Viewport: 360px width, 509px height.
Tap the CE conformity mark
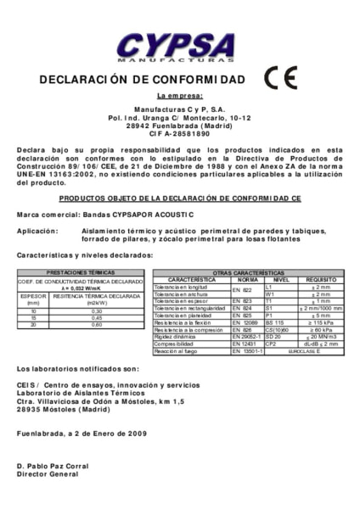pyautogui.click(x=280, y=78)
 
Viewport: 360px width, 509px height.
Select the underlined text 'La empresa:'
pyautogui.click(x=180, y=98)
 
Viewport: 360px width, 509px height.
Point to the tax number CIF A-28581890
pyautogui.click(x=180, y=133)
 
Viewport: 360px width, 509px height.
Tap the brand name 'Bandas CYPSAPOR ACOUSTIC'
pyautogui.click(x=137, y=215)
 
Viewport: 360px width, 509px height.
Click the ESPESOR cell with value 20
pyautogui.click(x=33, y=325)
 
